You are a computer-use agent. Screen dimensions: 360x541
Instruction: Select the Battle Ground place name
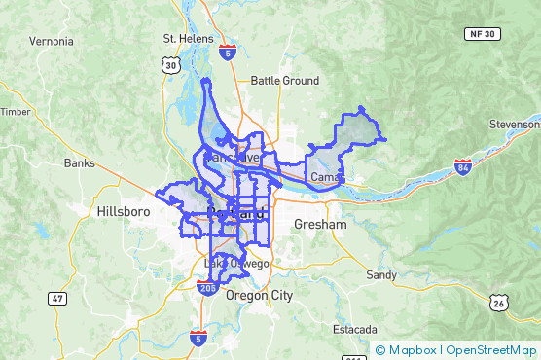tap(284, 81)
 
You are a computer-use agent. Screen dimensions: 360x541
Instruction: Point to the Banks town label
tap(81, 163)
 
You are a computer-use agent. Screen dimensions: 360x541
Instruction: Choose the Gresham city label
tap(320, 225)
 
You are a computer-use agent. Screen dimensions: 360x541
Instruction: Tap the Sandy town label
tap(380, 275)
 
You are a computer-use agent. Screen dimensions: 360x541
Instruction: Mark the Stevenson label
tap(515, 125)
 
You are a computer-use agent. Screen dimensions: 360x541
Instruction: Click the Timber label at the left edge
tap(14, 112)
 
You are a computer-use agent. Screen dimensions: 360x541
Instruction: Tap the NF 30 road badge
tap(489, 33)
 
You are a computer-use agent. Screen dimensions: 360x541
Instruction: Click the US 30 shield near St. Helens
tap(171, 65)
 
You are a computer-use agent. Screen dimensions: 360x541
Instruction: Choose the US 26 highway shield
tap(498, 303)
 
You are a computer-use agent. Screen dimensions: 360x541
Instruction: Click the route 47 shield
tap(59, 299)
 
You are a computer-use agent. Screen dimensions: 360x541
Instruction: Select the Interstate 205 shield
tap(206, 287)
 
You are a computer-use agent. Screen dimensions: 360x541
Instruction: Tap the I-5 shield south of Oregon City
tap(198, 338)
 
